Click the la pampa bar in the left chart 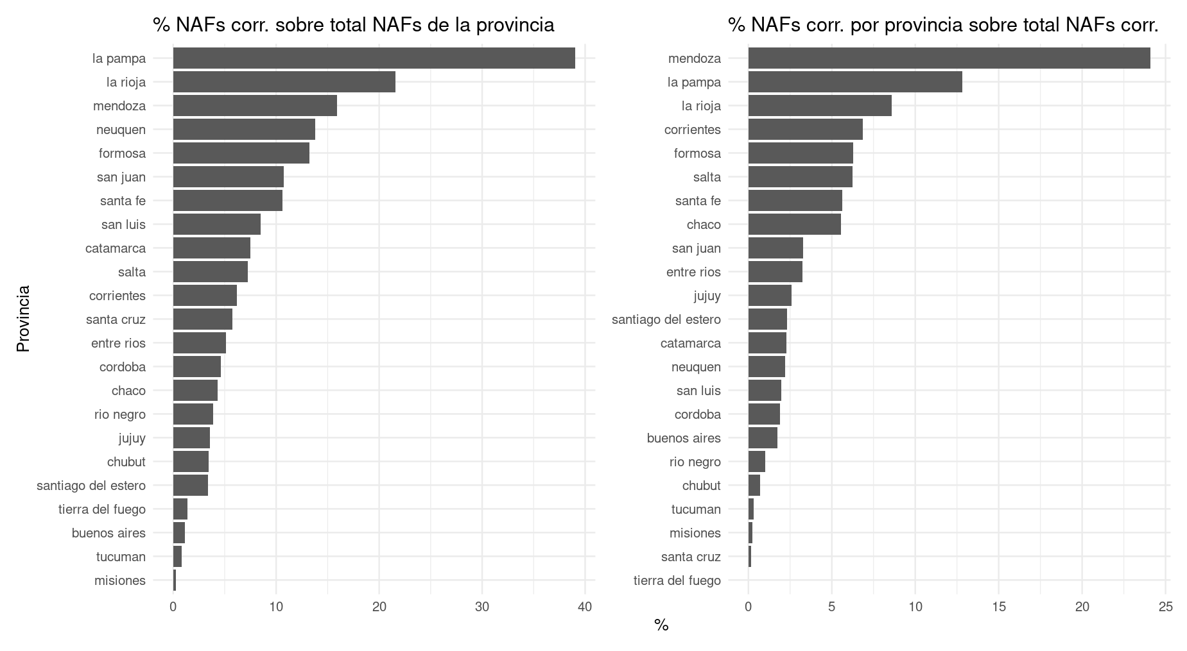coord(374,58)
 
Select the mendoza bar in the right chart coord(949,58)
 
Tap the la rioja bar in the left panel coord(284,82)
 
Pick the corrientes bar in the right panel coord(805,130)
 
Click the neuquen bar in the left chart coord(244,130)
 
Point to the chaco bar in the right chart coord(794,224)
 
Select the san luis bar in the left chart coord(216,224)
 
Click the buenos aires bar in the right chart coord(763,438)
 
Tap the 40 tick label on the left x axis coord(585,607)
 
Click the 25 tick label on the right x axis coord(1166,607)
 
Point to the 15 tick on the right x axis coord(999,607)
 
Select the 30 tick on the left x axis coord(482,607)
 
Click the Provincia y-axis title coord(23,319)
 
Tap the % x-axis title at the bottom coord(661,625)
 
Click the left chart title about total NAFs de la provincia coord(353,25)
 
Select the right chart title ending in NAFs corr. coord(943,25)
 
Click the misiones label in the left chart coord(120,580)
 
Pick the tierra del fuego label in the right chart coord(677,580)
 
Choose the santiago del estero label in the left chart coord(91,486)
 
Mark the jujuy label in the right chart coord(707,296)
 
